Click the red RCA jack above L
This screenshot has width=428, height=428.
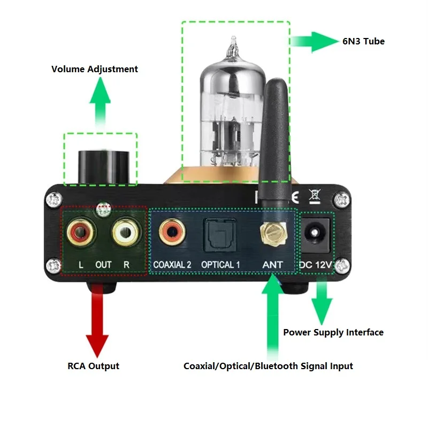pos(81,233)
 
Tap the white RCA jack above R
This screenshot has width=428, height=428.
pos(126,232)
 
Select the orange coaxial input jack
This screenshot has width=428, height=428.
pos(172,232)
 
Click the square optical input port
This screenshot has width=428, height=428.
pos(220,235)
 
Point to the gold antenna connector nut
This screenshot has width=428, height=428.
pos(273,233)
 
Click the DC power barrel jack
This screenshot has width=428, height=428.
pos(315,234)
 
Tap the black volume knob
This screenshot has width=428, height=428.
pos(104,166)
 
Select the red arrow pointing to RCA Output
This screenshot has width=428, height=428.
pos(97,320)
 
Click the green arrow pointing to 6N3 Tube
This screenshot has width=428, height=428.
pos(314,42)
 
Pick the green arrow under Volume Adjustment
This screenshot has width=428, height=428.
pos(101,102)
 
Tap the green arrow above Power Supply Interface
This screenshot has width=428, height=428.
pos(322,300)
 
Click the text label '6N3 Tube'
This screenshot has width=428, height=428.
pos(364,42)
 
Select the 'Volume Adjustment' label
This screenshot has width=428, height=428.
pos(95,69)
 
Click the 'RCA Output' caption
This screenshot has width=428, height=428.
pos(93,366)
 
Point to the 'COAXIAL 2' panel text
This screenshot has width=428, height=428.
pos(172,264)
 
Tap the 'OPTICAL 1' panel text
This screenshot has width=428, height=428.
pos(220,264)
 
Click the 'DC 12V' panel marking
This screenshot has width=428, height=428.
pos(316,264)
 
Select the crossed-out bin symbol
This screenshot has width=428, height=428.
pos(315,196)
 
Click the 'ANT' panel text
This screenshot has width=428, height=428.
pos(272,264)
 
